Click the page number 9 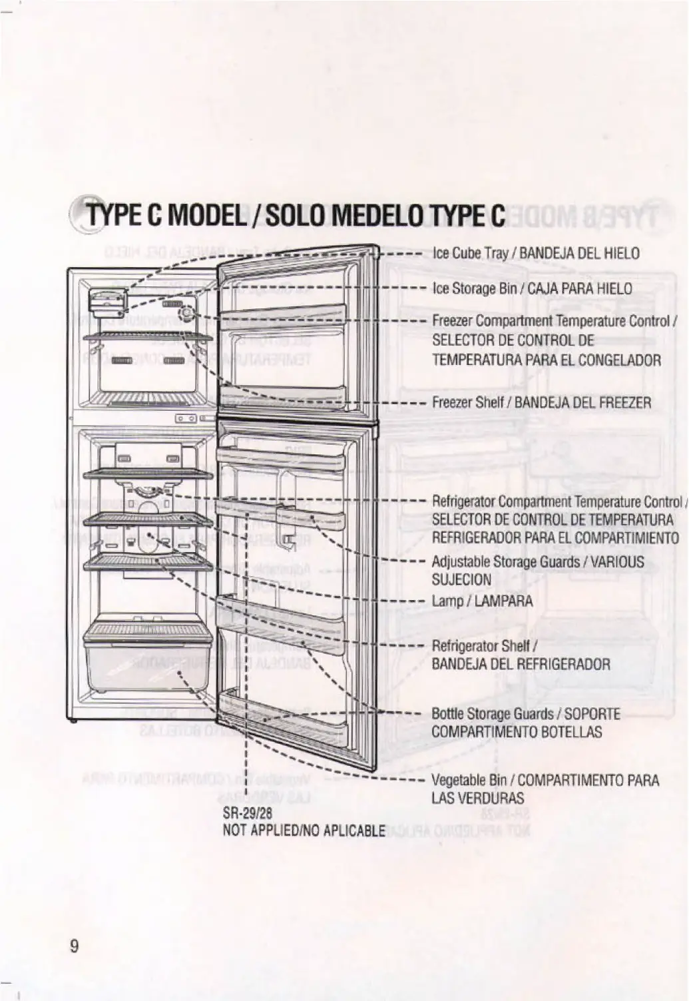tap(74, 946)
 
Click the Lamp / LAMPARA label tap(482, 601)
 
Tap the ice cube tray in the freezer tap(107, 303)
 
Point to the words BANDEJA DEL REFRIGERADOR tap(521, 664)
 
